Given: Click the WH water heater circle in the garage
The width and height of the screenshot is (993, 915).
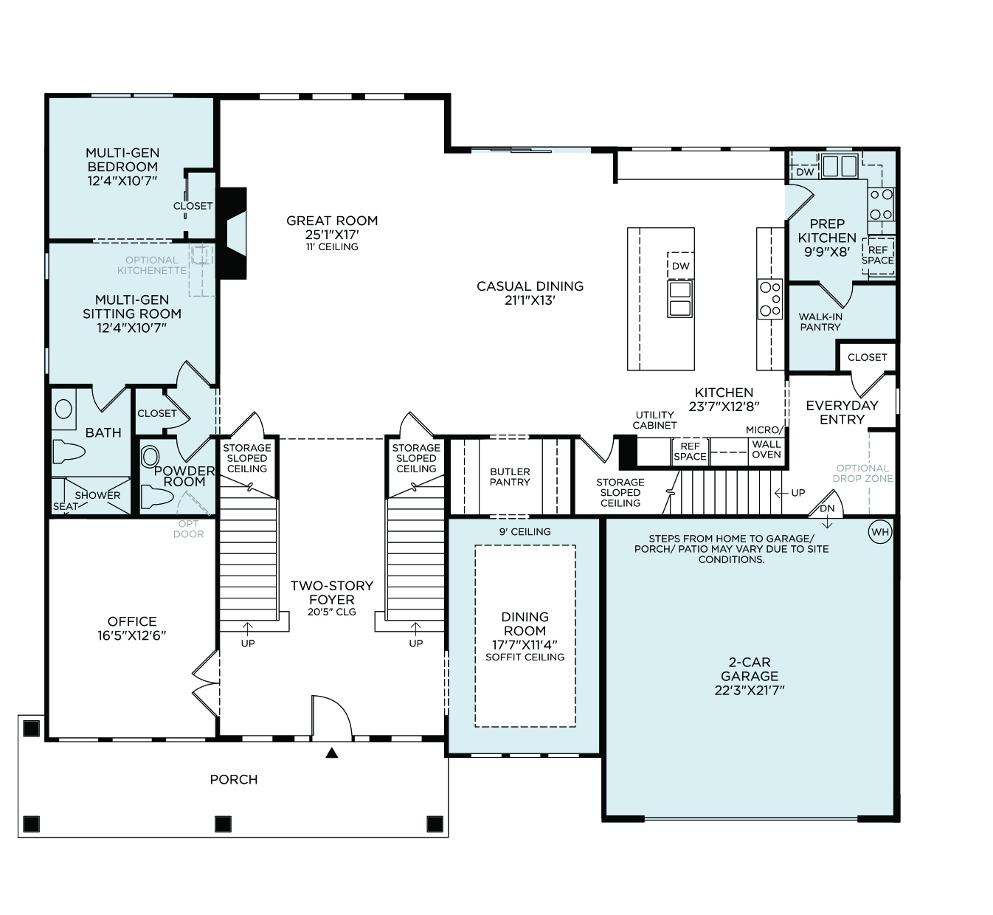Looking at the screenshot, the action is tap(879, 532).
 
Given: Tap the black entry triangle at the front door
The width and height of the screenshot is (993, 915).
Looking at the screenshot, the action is tap(332, 753).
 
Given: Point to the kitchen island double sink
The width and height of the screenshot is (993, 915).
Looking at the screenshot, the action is tap(680, 299).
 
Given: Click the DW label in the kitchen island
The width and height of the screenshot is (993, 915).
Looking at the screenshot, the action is tap(681, 266).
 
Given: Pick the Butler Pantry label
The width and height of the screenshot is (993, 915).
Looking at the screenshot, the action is tap(510, 477).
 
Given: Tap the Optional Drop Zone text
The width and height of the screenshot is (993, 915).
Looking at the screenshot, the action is tap(863, 473).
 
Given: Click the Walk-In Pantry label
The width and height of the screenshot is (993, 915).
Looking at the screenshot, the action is tap(820, 322).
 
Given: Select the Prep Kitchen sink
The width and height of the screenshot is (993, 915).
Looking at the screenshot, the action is tap(840, 166).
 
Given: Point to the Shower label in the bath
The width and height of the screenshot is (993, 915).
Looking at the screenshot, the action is tap(97, 495).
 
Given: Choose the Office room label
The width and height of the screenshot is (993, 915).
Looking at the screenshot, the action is tap(132, 621).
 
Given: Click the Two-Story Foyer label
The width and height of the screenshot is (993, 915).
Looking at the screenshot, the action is tap(332, 593).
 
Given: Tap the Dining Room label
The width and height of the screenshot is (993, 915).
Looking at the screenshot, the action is tap(525, 624).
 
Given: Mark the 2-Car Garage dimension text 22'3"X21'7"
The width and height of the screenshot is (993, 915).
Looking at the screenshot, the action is tap(750, 690).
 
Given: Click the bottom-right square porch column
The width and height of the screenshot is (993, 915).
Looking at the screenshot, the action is tap(435, 824).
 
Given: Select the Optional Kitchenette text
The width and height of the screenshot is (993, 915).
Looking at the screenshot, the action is tap(152, 266).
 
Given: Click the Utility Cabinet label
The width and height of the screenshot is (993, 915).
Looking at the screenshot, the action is tap(654, 420).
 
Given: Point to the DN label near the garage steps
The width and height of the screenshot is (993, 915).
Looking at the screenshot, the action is tap(827, 508).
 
